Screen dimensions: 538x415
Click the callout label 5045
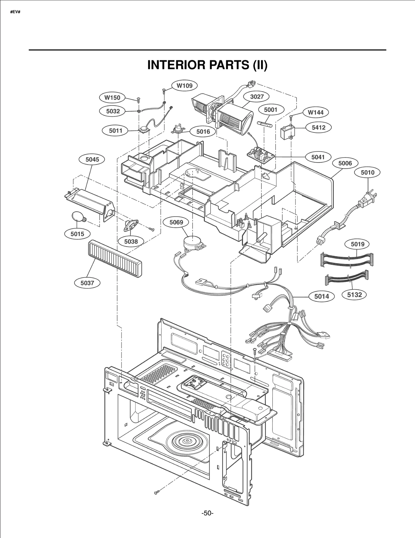[x=92, y=159]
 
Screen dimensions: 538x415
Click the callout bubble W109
[x=185, y=85]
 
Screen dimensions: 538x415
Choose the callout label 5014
[x=321, y=296]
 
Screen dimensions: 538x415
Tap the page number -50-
[x=207, y=513]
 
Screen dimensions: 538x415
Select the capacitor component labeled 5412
[x=288, y=132]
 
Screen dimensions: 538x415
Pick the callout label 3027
[x=257, y=97]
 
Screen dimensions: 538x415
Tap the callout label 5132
[x=354, y=295]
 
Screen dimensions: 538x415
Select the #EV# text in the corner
[x=15, y=12]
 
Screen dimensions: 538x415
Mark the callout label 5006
[x=345, y=163]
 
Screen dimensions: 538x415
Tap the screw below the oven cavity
[x=156, y=492]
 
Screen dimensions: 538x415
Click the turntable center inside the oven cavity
[x=186, y=440]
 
